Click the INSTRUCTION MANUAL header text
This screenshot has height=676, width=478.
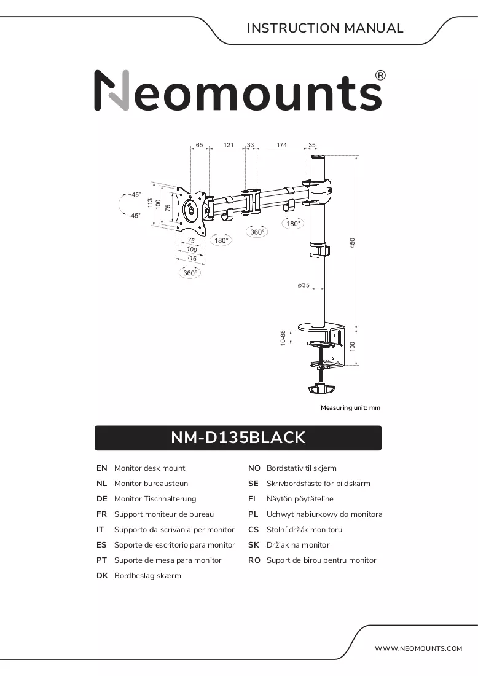325,28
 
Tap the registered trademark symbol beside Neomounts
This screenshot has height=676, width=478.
380,76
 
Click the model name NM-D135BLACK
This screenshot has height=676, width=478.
238,438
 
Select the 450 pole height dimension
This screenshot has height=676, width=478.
352,243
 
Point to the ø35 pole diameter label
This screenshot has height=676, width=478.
304,285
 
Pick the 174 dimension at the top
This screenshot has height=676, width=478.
281,145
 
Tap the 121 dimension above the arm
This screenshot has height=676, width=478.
229,145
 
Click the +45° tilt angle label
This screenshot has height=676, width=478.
135,195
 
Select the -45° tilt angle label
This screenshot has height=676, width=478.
135,215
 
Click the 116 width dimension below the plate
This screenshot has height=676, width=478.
192,258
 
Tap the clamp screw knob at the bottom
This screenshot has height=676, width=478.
321,389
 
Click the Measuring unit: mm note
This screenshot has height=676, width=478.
350,408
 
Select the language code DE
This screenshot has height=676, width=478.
102,499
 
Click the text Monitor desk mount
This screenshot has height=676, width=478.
149,468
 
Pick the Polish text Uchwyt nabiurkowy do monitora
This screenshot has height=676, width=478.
324,514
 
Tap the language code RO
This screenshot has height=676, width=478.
254,560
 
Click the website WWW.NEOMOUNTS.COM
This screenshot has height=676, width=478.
418,648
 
